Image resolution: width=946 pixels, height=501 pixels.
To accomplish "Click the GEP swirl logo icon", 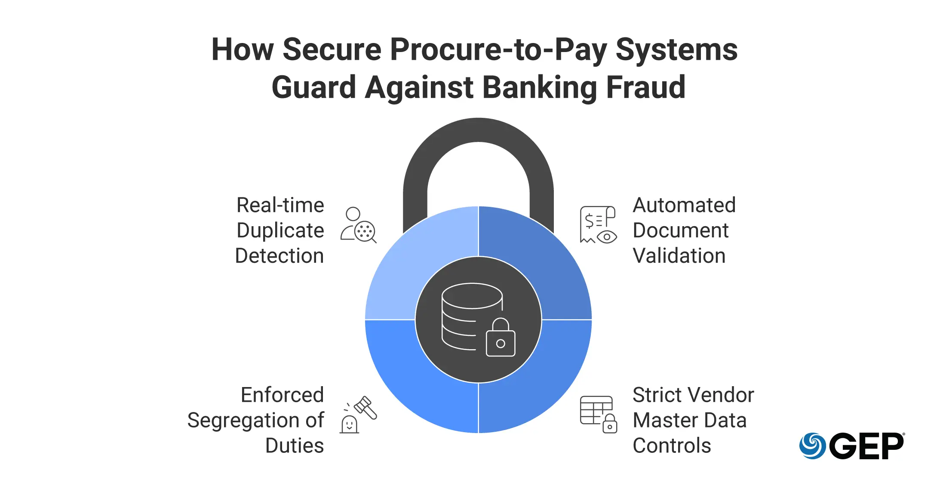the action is tap(812, 446).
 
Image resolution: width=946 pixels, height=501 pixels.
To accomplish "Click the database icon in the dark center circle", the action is tap(472, 316).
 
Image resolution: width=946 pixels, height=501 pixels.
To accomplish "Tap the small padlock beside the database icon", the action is tap(501, 337).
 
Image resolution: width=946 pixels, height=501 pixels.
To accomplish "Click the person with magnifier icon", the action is tap(359, 225).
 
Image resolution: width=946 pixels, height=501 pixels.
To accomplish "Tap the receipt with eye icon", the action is tap(598, 224).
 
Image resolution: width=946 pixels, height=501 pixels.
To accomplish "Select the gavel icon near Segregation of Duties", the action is tap(358, 415).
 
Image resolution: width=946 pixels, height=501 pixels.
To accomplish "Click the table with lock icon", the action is tap(598, 415).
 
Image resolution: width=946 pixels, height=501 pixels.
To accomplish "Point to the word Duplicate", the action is tap(280, 231).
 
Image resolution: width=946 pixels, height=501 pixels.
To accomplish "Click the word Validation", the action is tap(679, 256).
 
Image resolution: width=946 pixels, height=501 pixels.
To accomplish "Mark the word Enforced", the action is tap(282, 395).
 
